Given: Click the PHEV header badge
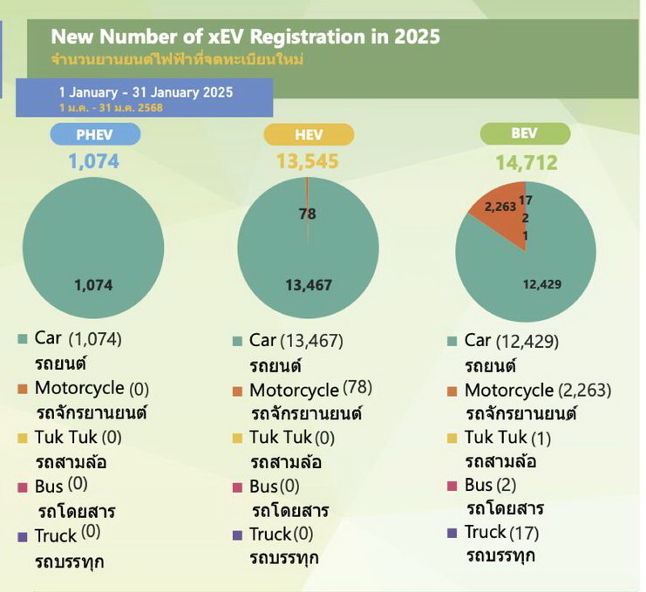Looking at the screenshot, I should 94,133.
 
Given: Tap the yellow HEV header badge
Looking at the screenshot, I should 309,133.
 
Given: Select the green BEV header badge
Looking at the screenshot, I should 527,133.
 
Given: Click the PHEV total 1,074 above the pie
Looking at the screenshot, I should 93,161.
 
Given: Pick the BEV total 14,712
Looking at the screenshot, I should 527,161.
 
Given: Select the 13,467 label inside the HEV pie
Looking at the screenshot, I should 309,284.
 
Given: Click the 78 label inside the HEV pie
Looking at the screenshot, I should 308,214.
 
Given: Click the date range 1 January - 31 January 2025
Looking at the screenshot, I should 146,92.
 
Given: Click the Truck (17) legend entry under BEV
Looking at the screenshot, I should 505,532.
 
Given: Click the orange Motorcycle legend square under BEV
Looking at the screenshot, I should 452,391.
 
